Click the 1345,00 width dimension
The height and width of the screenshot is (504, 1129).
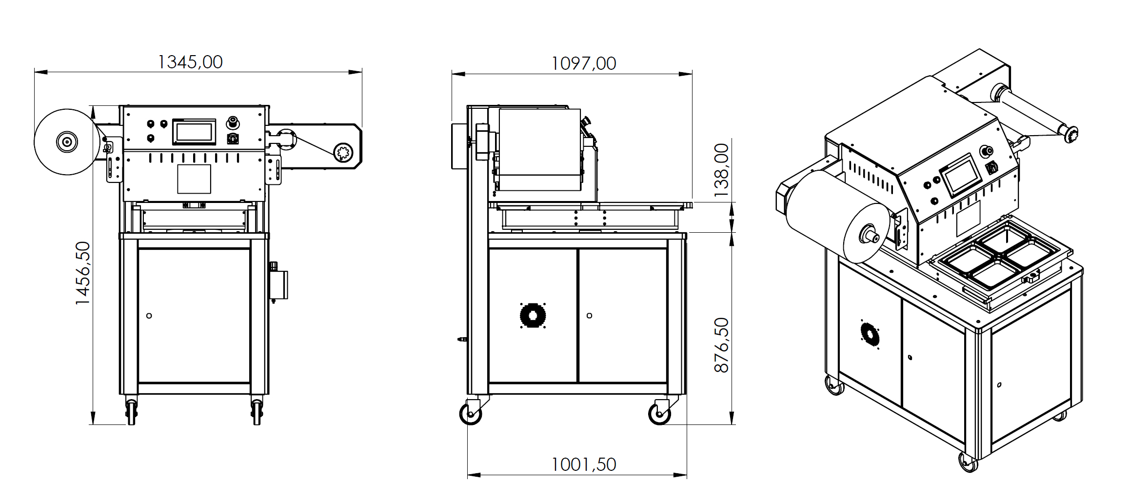tap(190, 62)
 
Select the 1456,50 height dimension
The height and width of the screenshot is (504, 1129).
tap(83, 273)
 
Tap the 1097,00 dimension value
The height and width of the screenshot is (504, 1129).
tap(583, 63)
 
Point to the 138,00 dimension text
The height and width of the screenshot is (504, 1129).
tap(721, 170)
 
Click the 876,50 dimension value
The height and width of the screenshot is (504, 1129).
tap(721, 345)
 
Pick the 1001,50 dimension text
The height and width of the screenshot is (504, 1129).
tap(583, 464)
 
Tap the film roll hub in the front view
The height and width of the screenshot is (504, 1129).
tap(67, 141)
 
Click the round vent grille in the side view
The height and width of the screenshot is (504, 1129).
tap(533, 316)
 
